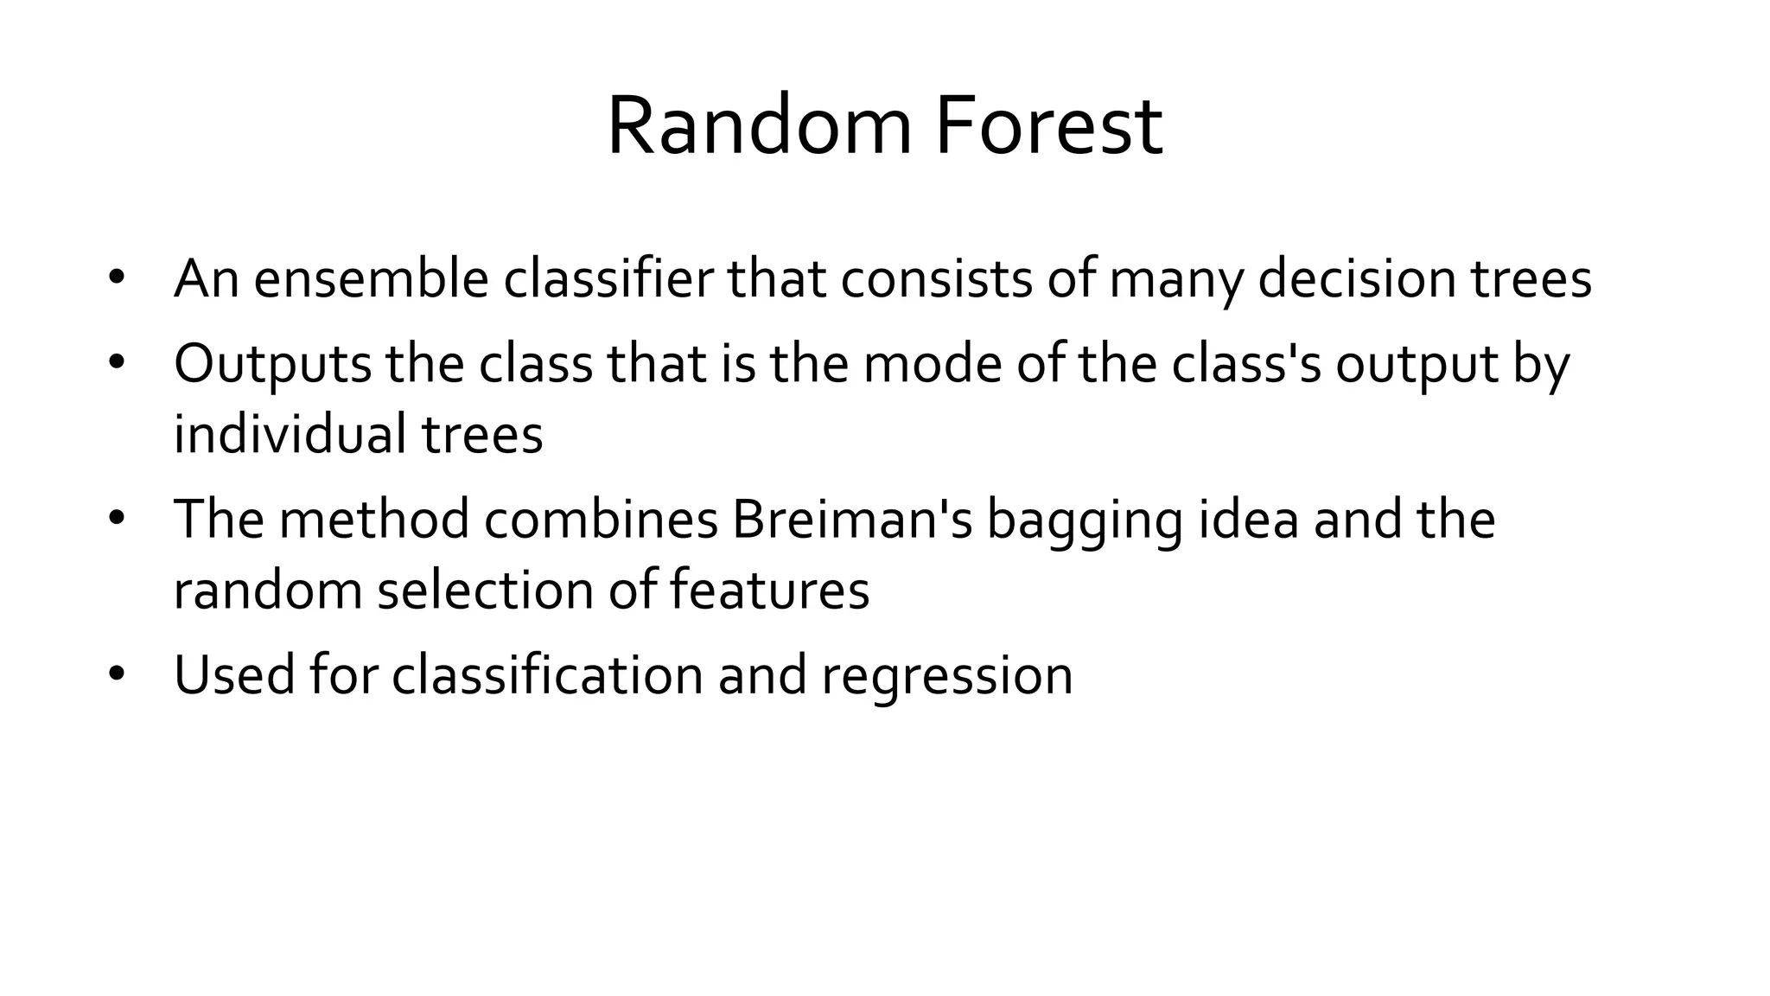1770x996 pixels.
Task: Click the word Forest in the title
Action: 1048,127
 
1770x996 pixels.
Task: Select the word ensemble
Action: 372,279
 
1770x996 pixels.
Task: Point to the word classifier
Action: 608,279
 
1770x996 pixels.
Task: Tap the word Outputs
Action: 272,364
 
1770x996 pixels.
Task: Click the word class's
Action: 1246,364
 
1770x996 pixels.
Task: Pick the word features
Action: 769,590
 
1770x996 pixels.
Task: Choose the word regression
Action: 947,676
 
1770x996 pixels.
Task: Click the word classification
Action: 547,674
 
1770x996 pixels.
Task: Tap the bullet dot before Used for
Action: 118,673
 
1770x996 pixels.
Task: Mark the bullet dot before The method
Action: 118,518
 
